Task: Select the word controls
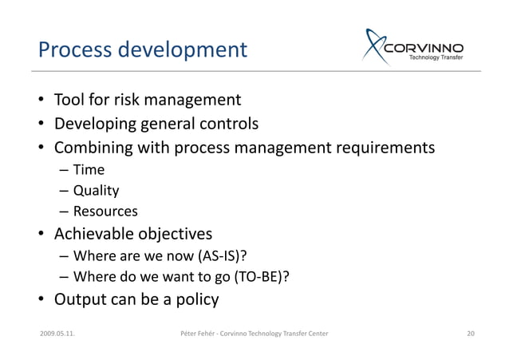[229, 124]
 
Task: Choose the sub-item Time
[89, 169]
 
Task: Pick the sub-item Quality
[96, 191]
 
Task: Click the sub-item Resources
[105, 212]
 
